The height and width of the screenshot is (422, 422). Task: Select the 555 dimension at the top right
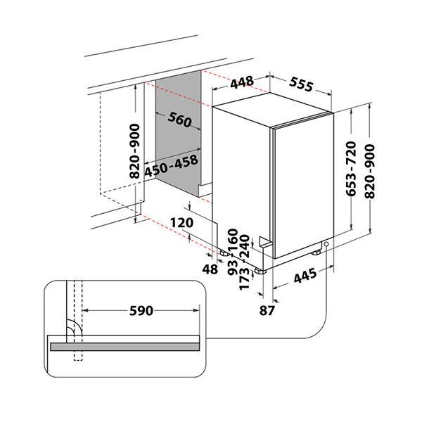tap(300, 86)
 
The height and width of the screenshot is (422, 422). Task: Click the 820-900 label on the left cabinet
tap(134, 151)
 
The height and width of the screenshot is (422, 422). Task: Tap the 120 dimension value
tap(181, 223)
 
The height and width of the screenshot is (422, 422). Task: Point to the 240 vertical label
tap(245, 248)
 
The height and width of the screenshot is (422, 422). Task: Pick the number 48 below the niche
tap(210, 269)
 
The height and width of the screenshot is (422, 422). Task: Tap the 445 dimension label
tap(305, 277)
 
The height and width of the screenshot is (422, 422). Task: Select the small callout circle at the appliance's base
tap(326, 244)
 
